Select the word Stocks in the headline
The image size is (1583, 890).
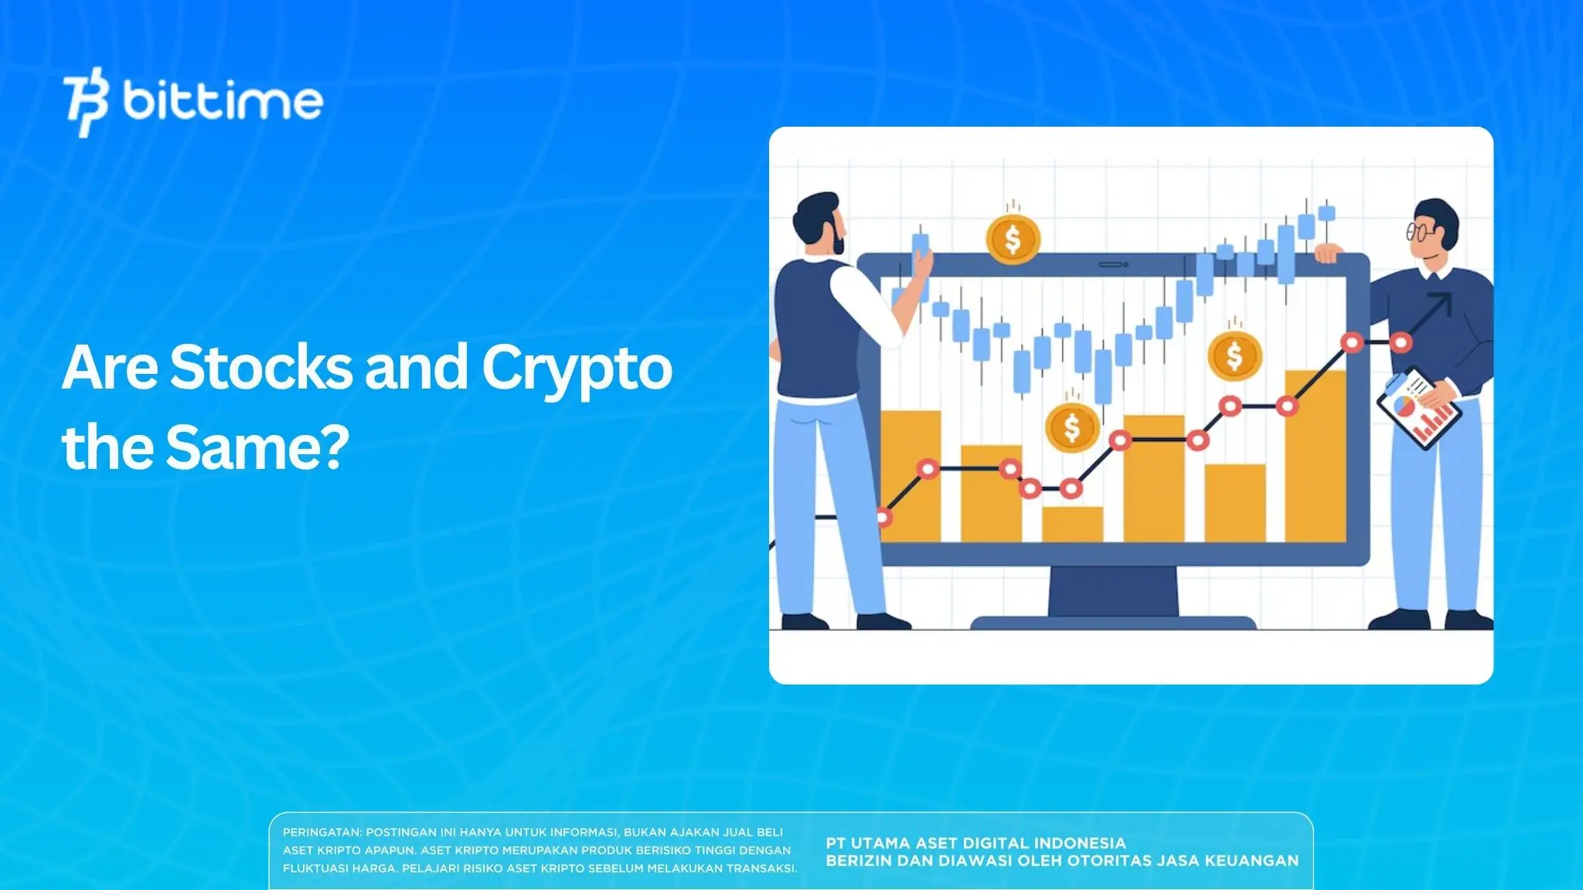pos(261,368)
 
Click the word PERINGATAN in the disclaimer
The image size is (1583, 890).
pos(321,832)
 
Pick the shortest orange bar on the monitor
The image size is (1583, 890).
pos(1072,524)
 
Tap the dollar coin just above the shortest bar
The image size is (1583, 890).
pos(1072,426)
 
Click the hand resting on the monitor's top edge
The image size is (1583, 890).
pos(1328,252)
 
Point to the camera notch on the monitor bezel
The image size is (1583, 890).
pos(1113,264)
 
